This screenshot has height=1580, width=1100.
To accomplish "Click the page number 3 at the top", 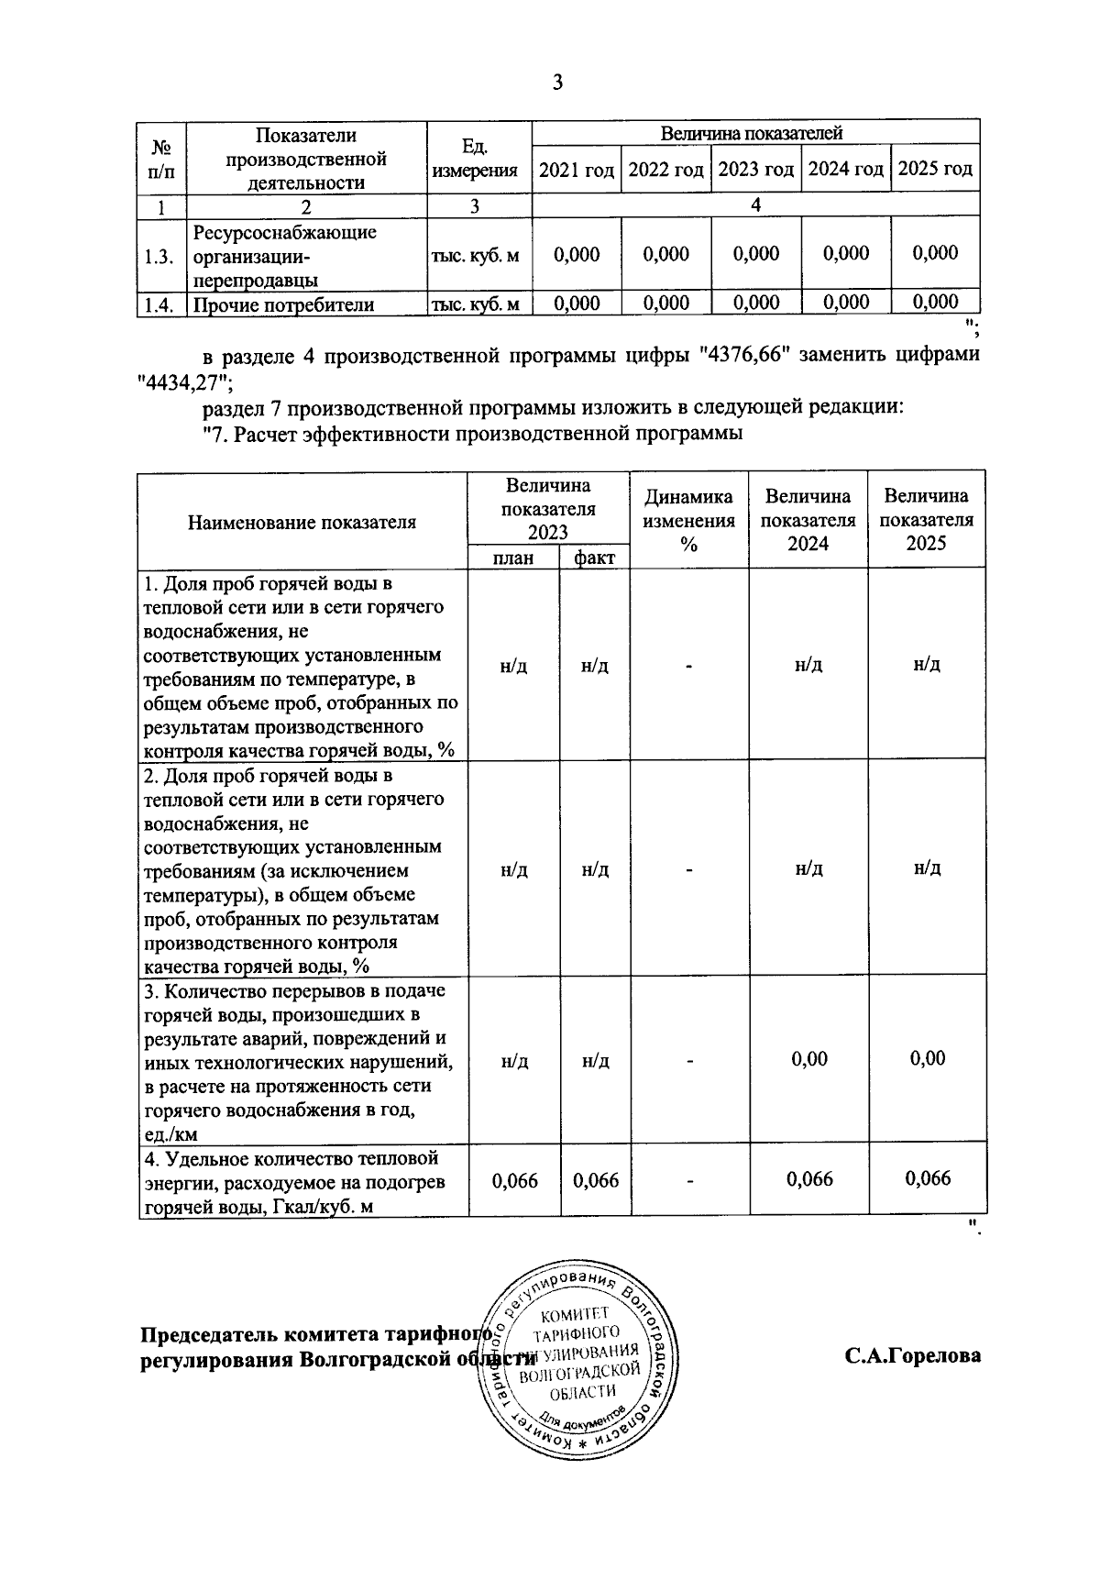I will [x=557, y=83].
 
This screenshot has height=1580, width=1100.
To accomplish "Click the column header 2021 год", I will [x=576, y=170].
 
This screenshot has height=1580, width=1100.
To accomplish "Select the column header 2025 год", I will [x=935, y=170].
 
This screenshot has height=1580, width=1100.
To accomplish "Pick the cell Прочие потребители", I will [x=284, y=304].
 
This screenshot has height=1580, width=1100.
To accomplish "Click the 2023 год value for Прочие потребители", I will [x=756, y=303].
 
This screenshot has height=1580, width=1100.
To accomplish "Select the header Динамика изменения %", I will [x=688, y=520].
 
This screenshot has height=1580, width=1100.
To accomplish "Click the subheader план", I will [x=513, y=558].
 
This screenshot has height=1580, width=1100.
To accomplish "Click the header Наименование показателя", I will [x=302, y=522].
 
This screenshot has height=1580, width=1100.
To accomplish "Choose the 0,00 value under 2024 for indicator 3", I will [x=808, y=1059].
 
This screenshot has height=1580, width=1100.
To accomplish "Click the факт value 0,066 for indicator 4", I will [x=596, y=1180].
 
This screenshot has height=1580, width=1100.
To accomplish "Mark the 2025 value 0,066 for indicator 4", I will [x=927, y=1178].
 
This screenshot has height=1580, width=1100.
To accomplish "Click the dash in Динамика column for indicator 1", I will [x=688, y=666].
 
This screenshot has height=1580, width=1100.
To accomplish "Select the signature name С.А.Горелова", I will [x=912, y=1355].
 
